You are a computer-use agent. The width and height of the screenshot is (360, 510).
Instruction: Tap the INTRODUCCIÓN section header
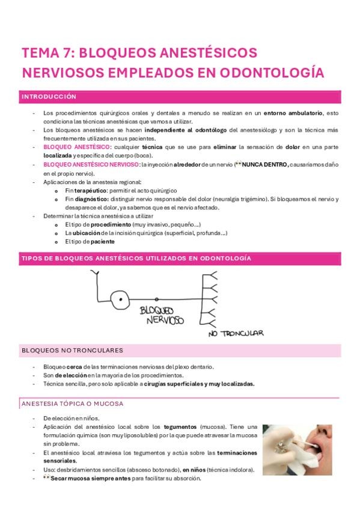[49, 97]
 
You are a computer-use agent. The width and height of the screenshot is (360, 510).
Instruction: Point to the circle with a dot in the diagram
[120, 298]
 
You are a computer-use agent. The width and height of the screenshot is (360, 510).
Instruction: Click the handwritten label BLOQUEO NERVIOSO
[161, 315]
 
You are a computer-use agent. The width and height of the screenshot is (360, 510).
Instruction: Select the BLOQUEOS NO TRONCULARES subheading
[72, 350]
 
